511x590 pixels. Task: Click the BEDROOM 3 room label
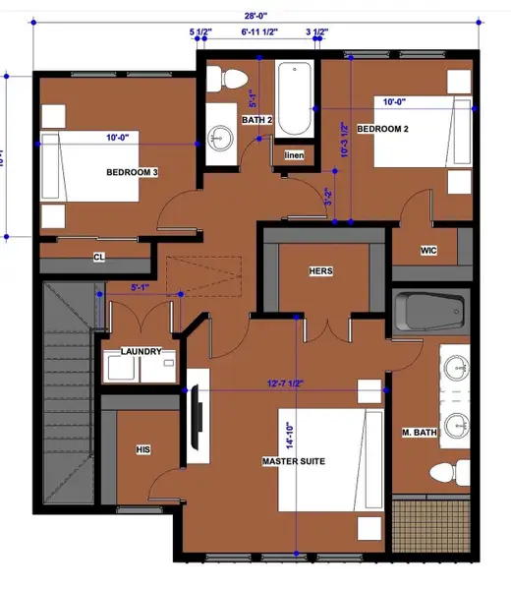(x=133, y=172)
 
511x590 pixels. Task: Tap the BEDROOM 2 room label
(x=382, y=130)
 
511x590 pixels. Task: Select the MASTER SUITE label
(x=294, y=460)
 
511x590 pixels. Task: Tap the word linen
(x=294, y=156)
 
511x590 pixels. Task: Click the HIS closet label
(x=142, y=449)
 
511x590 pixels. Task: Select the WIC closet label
(x=427, y=251)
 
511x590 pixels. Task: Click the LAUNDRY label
(x=141, y=351)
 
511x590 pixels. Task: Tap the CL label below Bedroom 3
(x=98, y=258)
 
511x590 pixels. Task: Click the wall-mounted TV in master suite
(x=196, y=418)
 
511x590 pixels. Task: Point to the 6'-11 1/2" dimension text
(x=259, y=32)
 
